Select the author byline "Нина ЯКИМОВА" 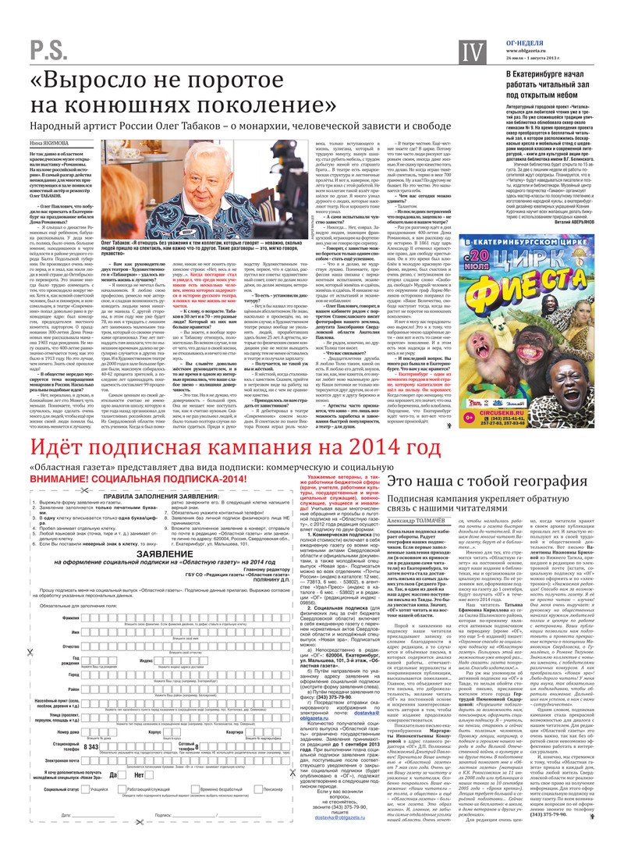pyautogui.click(x=48, y=143)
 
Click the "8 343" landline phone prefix pyautogui.click(x=90, y=746)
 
